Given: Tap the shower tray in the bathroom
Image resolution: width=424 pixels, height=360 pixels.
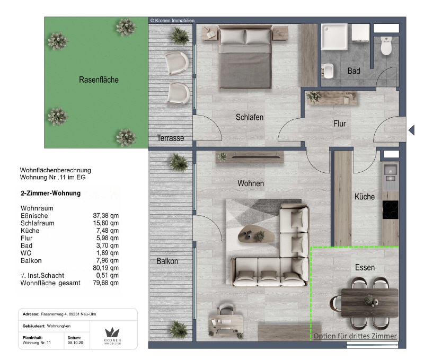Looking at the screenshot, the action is [334, 37].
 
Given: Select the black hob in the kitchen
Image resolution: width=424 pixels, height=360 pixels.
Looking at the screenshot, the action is [390, 209].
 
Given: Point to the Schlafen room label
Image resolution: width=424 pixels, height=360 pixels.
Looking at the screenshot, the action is [249, 117].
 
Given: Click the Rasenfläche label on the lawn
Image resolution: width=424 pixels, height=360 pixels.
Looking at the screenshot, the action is [99, 80].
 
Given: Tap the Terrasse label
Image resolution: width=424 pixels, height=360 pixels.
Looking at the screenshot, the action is [170, 138].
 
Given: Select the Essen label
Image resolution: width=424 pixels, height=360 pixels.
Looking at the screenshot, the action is [365, 268].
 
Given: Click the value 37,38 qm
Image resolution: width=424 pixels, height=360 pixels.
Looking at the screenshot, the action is [105, 216].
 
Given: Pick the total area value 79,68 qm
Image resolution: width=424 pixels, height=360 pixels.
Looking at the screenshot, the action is [105, 283].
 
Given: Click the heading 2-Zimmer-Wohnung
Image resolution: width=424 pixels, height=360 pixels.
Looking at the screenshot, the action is [50, 193].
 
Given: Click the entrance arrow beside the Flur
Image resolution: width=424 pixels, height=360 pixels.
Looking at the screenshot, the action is [412, 130].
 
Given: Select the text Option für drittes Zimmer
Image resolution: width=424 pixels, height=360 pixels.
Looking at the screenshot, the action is [355, 336].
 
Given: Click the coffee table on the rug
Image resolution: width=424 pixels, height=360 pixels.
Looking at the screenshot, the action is [256, 233].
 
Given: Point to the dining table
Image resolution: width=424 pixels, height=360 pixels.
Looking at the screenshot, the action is [369, 303].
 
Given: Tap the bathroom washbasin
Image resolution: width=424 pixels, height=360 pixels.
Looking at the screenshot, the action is [328, 71].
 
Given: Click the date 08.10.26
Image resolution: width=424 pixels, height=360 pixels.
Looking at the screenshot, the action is [75, 343].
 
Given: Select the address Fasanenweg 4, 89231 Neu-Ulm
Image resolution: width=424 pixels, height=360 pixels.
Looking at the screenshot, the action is [68, 314].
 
